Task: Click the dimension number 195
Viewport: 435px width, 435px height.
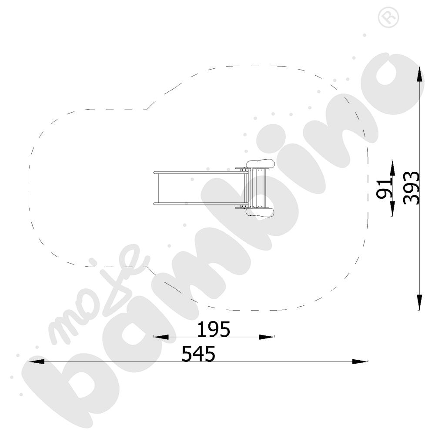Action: pyautogui.click(x=214, y=329)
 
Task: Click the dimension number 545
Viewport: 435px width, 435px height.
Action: pyautogui.click(x=198, y=354)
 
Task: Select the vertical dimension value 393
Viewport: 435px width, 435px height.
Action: pyautogui.click(x=412, y=188)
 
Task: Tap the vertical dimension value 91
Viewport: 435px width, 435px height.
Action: pyautogui.click(x=384, y=188)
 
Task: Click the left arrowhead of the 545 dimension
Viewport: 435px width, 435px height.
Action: pyautogui.click(x=37, y=361)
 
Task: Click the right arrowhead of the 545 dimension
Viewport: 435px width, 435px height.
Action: pyautogui.click(x=360, y=361)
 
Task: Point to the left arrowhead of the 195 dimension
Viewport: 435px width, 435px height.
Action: pyautogui.click(x=161, y=337)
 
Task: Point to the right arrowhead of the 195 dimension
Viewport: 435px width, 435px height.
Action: pyautogui.click(x=267, y=337)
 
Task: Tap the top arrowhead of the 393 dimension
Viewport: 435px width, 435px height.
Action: pyautogui.click(x=420, y=74)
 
